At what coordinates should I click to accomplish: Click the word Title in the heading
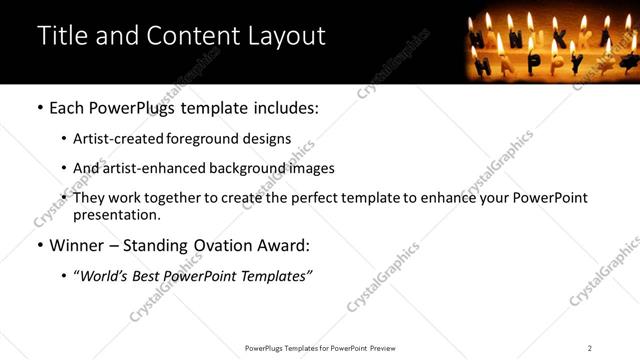click(x=61, y=36)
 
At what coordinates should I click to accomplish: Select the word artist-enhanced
click(x=149, y=168)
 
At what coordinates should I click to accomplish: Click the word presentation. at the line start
click(x=117, y=214)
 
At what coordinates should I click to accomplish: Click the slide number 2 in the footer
click(x=590, y=348)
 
